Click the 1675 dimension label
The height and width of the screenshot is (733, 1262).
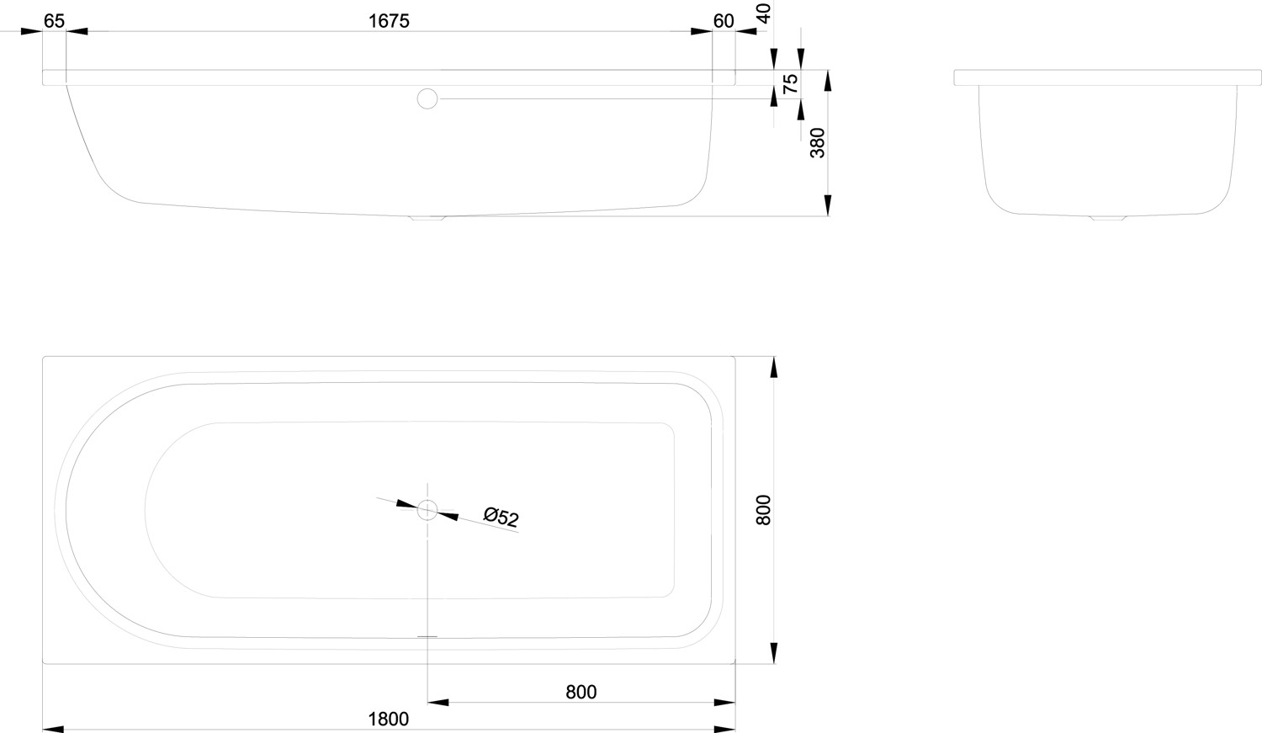(389, 21)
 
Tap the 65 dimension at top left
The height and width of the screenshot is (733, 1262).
(54, 21)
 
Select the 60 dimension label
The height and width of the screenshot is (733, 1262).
(724, 21)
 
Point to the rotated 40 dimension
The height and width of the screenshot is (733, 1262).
(764, 13)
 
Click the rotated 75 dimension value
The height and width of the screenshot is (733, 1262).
(791, 83)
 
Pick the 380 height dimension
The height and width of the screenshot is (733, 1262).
(817, 143)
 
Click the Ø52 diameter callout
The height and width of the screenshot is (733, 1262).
(501, 517)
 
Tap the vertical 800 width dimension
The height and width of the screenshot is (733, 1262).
(763, 510)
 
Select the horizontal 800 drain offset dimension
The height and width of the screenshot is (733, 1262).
(581, 692)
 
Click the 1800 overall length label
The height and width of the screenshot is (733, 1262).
(388, 719)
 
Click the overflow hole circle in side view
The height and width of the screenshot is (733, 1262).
(427, 98)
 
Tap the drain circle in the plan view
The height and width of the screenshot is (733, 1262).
(427, 510)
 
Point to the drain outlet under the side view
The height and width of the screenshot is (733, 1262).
(427, 218)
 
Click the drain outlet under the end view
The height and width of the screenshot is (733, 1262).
(1108, 217)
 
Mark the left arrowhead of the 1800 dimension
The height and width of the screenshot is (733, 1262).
(54, 730)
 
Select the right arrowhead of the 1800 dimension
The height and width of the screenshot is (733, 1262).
(724, 730)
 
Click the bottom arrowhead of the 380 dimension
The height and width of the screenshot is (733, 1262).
(828, 205)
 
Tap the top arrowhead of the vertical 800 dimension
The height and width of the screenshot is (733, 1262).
(773, 368)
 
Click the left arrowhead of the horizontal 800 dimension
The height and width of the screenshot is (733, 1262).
(438, 703)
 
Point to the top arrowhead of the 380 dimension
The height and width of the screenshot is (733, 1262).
(828, 81)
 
